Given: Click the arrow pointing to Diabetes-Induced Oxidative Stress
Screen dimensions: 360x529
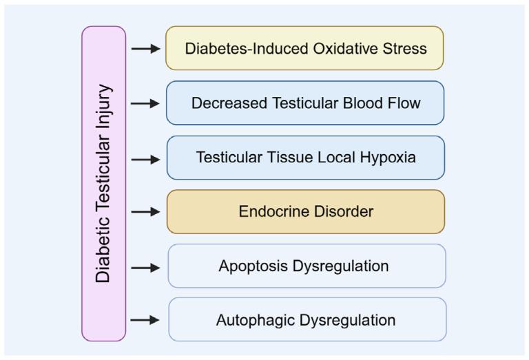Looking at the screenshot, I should point(145,49).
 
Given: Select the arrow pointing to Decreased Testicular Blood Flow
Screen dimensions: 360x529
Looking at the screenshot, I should point(145,103).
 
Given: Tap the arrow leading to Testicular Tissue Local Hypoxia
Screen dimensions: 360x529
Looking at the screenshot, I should point(145,159).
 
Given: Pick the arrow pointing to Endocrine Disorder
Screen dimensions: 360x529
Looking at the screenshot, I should point(145,212).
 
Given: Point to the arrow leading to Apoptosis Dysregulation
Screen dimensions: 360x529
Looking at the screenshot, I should point(145,267).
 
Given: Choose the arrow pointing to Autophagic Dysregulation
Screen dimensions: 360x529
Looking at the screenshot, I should point(145,320).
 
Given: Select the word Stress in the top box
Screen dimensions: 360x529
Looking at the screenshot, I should point(405,49).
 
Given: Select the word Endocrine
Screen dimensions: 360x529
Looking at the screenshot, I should point(271,211).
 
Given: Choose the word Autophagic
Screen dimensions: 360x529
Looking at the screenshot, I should point(253,320).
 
